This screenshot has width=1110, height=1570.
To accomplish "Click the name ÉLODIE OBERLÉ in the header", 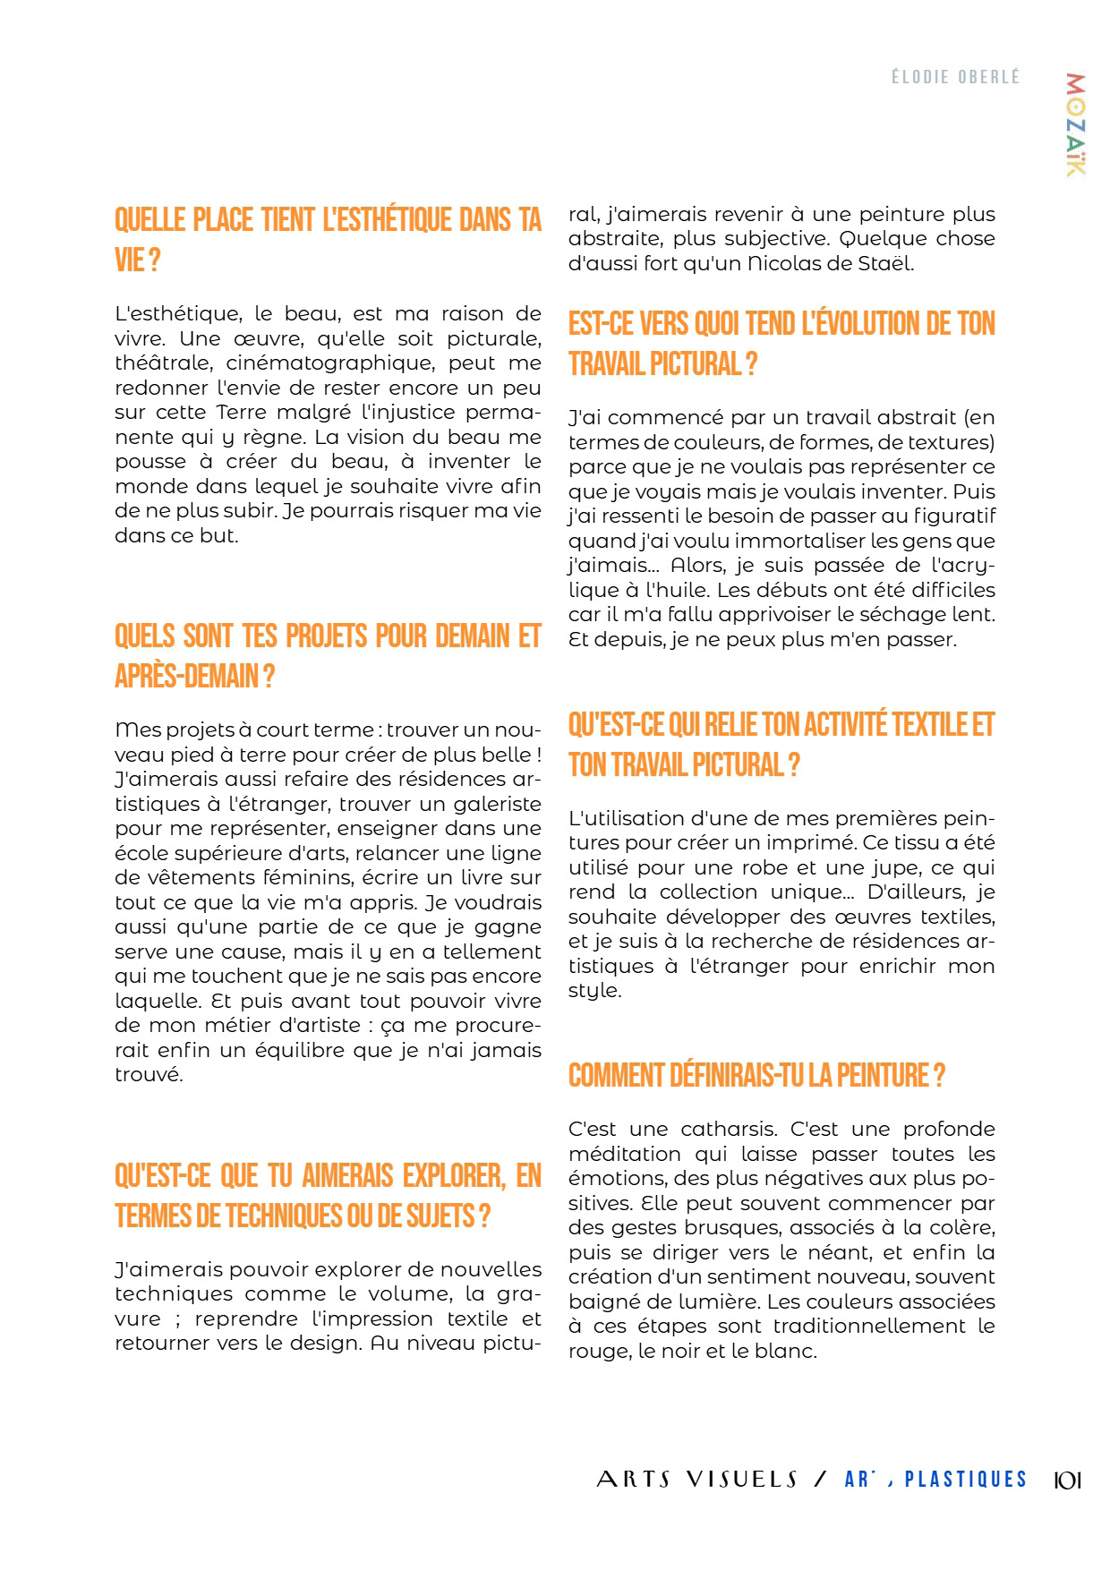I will coord(955,77).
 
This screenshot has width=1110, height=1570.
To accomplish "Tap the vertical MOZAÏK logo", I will coord(1075,124).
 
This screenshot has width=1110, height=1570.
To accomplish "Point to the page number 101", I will coord(1067,1480).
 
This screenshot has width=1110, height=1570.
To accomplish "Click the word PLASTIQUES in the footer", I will coord(965,1480).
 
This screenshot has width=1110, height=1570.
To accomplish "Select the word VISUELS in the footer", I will coord(742,1480).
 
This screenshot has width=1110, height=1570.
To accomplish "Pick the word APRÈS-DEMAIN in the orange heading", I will coord(187,677).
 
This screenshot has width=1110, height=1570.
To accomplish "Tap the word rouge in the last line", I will coord(599,1352).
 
